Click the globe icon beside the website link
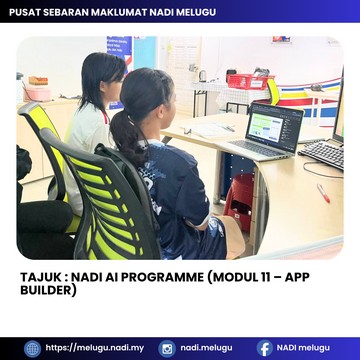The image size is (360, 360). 32,349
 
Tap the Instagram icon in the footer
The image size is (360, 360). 167,349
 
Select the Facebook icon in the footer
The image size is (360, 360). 265,349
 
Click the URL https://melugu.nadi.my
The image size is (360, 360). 95,348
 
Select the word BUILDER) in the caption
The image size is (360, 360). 48,290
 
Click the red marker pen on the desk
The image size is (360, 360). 323,193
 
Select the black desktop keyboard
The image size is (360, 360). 323,153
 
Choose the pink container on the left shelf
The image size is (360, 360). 36,93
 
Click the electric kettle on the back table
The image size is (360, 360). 202,76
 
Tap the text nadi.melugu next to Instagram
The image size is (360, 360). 206,348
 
